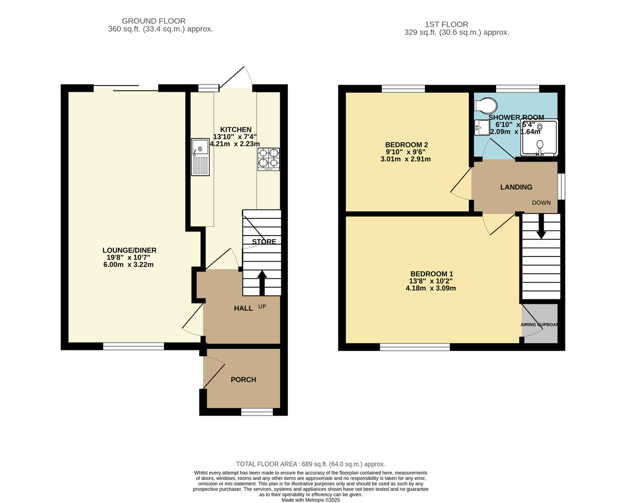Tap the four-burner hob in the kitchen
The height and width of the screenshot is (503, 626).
269,159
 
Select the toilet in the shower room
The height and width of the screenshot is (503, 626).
486,105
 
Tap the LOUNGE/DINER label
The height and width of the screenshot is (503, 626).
129,250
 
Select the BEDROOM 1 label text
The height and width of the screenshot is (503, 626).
431,274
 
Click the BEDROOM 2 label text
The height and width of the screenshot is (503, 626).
406,144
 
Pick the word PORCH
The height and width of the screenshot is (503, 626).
243,379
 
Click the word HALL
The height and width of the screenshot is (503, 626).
243,308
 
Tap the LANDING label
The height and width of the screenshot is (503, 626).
516,187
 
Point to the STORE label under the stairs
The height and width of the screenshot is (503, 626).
264,241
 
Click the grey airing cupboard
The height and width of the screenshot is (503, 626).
540,324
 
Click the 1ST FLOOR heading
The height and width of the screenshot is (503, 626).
447,24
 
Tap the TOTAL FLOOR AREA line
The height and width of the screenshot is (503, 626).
310,464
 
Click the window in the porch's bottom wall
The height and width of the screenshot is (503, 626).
257,412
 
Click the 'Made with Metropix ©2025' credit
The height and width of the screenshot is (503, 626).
310,499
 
